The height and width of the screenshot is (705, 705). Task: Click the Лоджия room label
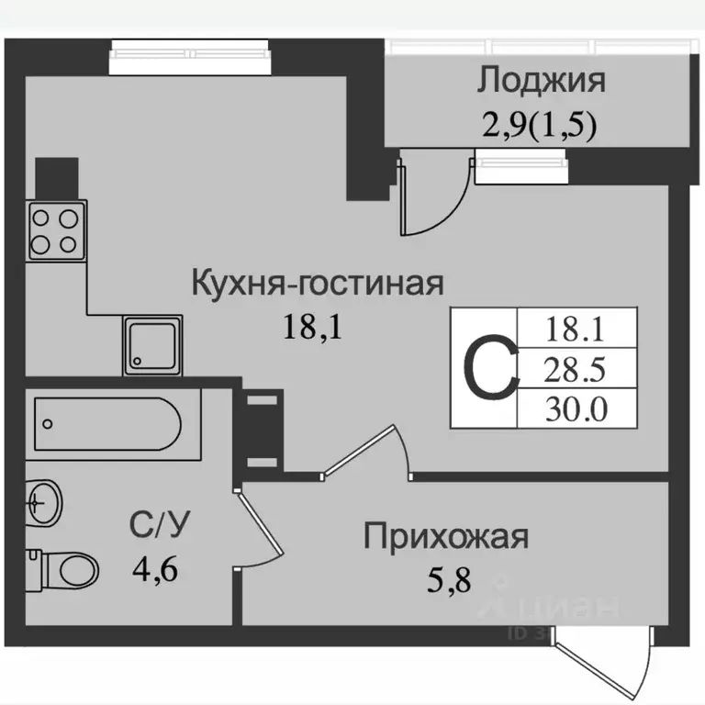tap(541, 81)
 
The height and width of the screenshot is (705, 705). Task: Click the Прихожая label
tap(446, 536)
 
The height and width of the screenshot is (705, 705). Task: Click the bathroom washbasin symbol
tap(42, 501)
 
